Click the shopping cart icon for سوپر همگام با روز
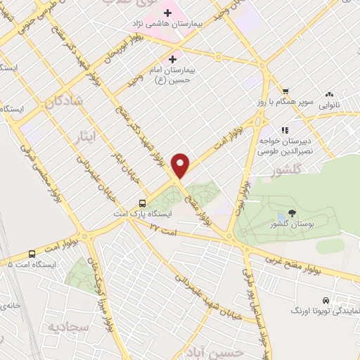[285, 91]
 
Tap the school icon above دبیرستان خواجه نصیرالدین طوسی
[285, 130]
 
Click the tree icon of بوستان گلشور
[291, 213]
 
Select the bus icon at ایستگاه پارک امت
[143, 199]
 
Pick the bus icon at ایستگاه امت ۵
[32, 254]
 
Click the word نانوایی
[333, 105]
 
